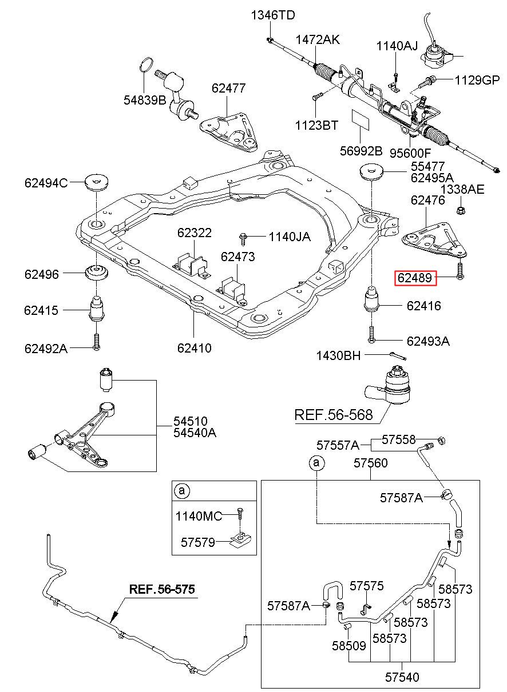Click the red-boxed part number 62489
[x=414, y=277]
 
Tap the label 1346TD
[x=273, y=15]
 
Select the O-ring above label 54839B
[x=146, y=65]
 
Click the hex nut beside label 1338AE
[x=461, y=210]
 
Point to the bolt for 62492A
[x=96, y=342]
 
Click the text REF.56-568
[x=334, y=415]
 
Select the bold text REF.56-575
[x=162, y=589]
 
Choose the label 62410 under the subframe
[x=194, y=348]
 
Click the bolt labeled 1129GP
[x=428, y=82]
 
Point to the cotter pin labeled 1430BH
[x=398, y=356]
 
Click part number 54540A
[x=195, y=433]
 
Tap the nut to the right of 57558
[x=442, y=440]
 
